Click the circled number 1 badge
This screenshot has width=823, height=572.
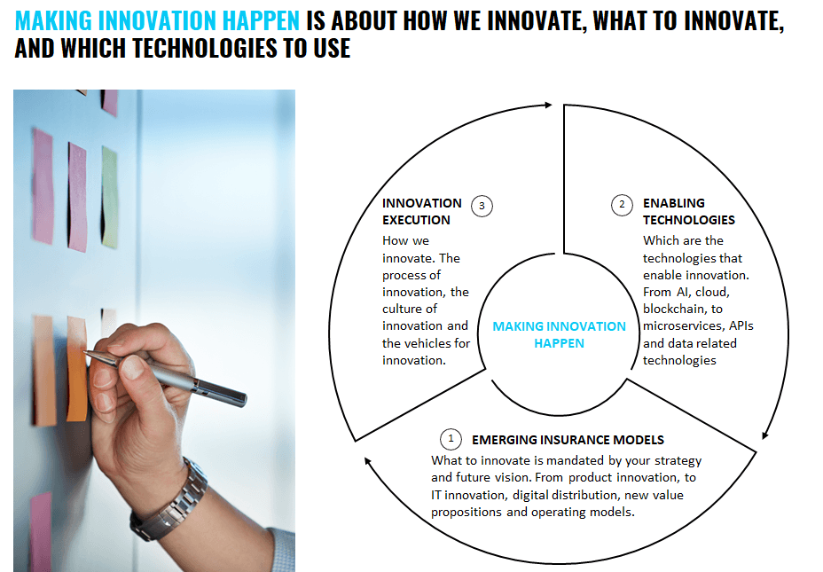(x=451, y=439)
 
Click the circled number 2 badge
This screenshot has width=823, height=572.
(x=622, y=205)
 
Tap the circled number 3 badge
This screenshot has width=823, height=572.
(x=482, y=207)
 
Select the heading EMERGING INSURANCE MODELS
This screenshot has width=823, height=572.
(x=568, y=440)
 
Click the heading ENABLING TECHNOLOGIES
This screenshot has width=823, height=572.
(x=689, y=211)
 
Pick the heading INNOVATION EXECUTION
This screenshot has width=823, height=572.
(x=422, y=211)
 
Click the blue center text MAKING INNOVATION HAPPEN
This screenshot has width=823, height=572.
(x=559, y=335)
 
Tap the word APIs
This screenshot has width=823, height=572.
(x=741, y=325)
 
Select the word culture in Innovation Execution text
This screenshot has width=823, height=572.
(x=402, y=309)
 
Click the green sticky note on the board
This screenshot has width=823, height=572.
(x=110, y=197)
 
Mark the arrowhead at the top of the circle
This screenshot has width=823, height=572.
(x=548, y=105)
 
